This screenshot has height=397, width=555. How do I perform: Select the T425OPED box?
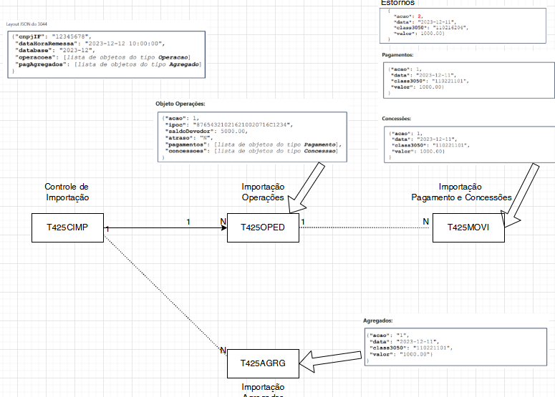tap(263, 227)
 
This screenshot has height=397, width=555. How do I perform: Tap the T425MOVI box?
tap(468, 227)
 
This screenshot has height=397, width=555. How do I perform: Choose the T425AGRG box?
tap(263, 363)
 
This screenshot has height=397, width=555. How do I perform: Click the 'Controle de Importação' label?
tap(67, 192)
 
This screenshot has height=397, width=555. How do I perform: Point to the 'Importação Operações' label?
tap(263, 192)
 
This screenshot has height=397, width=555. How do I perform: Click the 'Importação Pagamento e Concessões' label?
tap(461, 192)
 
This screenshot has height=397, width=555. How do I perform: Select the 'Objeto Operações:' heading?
tap(180, 104)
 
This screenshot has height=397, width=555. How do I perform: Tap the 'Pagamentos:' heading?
tap(397, 54)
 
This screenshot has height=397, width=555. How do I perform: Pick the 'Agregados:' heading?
tap(378, 321)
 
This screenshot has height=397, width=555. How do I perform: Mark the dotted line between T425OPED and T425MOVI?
tap(365, 227)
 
